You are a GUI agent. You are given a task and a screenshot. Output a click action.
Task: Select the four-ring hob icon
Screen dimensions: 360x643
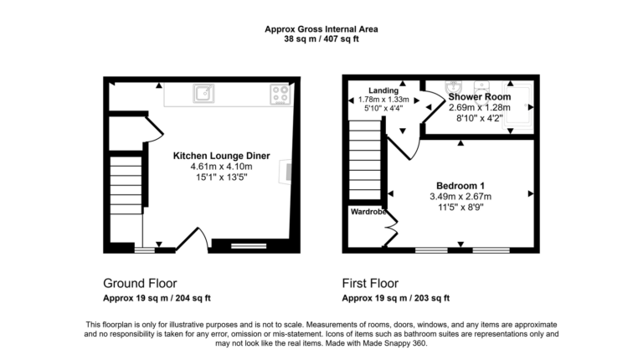click(x=280, y=95)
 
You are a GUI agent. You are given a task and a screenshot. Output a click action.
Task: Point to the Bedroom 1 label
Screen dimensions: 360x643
click(x=460, y=185)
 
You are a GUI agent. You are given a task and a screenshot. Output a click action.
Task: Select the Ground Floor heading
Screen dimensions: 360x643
click(x=139, y=282)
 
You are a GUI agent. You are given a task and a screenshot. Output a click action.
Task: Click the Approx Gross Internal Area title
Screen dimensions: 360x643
click(x=321, y=28)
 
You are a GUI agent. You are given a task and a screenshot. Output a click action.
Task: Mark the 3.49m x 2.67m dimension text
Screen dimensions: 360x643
click(x=460, y=197)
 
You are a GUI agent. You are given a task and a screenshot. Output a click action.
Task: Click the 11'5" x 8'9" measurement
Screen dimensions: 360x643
click(x=460, y=208)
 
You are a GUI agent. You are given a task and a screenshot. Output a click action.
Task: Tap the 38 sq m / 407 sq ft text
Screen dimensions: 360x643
click(x=321, y=39)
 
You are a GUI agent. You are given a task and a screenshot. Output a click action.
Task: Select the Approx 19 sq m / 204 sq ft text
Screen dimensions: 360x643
click(x=157, y=297)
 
